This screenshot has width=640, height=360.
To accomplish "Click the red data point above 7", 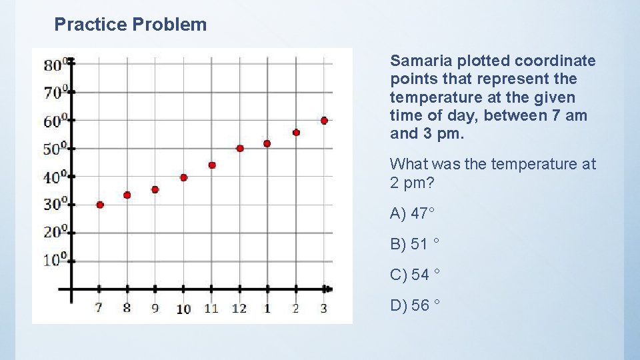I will [x=100, y=205].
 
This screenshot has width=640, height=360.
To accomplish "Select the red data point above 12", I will [x=240, y=148].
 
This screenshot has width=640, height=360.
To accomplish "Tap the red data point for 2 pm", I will [x=296, y=133].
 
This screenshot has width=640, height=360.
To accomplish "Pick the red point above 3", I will [x=324, y=121].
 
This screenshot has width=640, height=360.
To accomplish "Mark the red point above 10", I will [x=183, y=177].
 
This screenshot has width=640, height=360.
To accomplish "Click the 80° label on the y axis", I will [x=55, y=65].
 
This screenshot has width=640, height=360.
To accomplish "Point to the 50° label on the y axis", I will [x=55, y=149].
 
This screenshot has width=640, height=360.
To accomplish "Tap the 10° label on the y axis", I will [x=55, y=260].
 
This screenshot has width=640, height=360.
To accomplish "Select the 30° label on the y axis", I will [x=55, y=204].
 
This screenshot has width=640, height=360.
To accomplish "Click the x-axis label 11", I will [x=211, y=308].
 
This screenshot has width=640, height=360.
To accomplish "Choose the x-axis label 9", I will [x=155, y=308].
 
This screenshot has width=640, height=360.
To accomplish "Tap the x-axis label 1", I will [x=267, y=308].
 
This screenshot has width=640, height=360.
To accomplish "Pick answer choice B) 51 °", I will [x=414, y=244].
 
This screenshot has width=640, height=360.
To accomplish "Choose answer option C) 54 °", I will [x=414, y=275].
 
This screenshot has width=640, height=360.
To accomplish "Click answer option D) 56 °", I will [x=414, y=305].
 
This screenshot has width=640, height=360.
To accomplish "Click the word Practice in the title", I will [x=91, y=25].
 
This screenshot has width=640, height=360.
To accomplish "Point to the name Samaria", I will [x=418, y=61].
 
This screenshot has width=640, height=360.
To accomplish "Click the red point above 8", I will [x=127, y=195].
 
